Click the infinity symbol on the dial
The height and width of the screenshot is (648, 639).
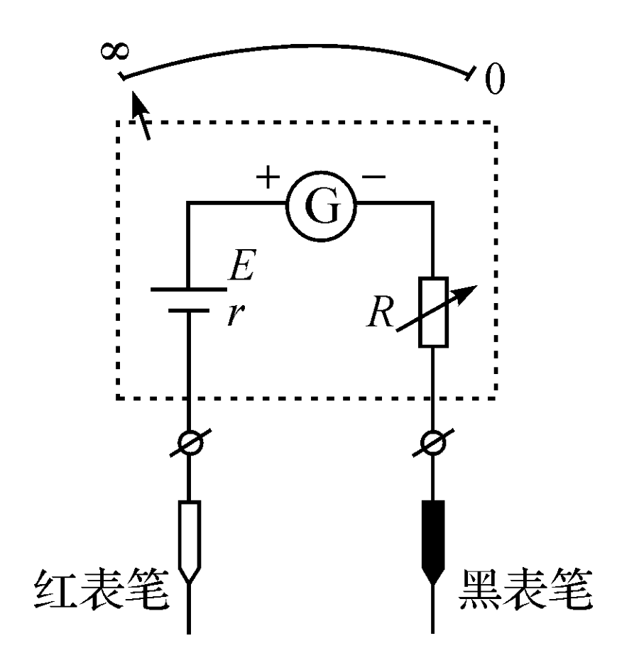pos(115,51)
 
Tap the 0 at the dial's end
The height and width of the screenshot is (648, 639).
pos(494,79)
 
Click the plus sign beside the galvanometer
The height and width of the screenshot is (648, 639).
pos(268,177)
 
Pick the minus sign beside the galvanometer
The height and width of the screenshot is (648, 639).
pos(373,177)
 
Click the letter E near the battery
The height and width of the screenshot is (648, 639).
pos(243,265)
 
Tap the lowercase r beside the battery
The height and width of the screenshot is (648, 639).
pos(236,315)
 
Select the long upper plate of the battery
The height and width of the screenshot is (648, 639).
pos(188,290)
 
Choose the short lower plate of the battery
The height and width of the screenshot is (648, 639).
pos(188,310)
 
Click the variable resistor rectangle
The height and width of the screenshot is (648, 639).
pos(433,312)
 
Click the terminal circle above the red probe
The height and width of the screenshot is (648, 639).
pos(190,443)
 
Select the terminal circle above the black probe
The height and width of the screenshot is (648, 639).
pos(433,443)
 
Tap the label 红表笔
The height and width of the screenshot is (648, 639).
pos(102,589)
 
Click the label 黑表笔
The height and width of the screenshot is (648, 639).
pos(525,588)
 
